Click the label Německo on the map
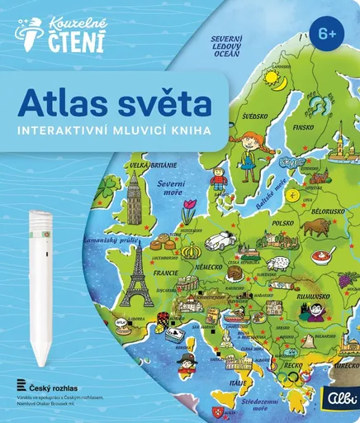click(206, 268)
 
